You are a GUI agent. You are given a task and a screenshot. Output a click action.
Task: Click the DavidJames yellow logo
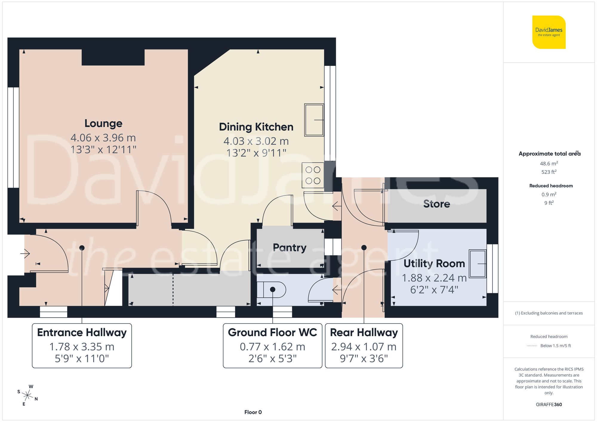tap(549, 32)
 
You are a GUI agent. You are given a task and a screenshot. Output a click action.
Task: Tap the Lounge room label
tap(103, 123)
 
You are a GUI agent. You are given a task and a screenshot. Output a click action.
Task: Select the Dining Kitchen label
tap(256, 127)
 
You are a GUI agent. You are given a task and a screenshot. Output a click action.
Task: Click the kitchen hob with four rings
tap(313, 175)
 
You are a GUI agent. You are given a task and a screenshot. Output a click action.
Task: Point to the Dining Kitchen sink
tap(314, 120)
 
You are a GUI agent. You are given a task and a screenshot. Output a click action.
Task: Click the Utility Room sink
tap(478, 264)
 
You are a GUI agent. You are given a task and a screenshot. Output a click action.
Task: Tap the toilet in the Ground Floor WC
tap(272, 290)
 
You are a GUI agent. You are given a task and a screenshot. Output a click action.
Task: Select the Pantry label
tap(290, 247)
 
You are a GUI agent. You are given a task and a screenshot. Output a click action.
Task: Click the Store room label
tap(436, 204)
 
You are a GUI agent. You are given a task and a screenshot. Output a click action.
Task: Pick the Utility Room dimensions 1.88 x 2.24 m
tap(434, 278)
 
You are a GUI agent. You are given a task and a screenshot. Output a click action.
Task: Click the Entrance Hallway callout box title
tap(82, 332)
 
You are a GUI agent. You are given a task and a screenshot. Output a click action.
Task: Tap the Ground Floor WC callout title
tap(272, 332)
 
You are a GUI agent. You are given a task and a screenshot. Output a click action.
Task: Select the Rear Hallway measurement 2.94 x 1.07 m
tap(364, 347)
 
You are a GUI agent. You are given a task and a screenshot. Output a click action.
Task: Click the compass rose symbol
tap(27, 395)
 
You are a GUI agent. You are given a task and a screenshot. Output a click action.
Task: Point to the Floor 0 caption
tap(253, 412)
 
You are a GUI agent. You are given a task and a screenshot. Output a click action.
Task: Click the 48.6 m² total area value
tap(549, 163)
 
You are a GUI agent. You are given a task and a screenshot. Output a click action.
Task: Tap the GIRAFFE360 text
tap(549, 404)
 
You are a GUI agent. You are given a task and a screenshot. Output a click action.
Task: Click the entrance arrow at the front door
tap(25, 254)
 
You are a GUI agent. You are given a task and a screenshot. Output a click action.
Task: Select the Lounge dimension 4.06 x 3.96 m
tap(103, 138)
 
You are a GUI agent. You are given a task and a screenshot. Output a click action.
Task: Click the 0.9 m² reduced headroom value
tap(549, 194)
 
